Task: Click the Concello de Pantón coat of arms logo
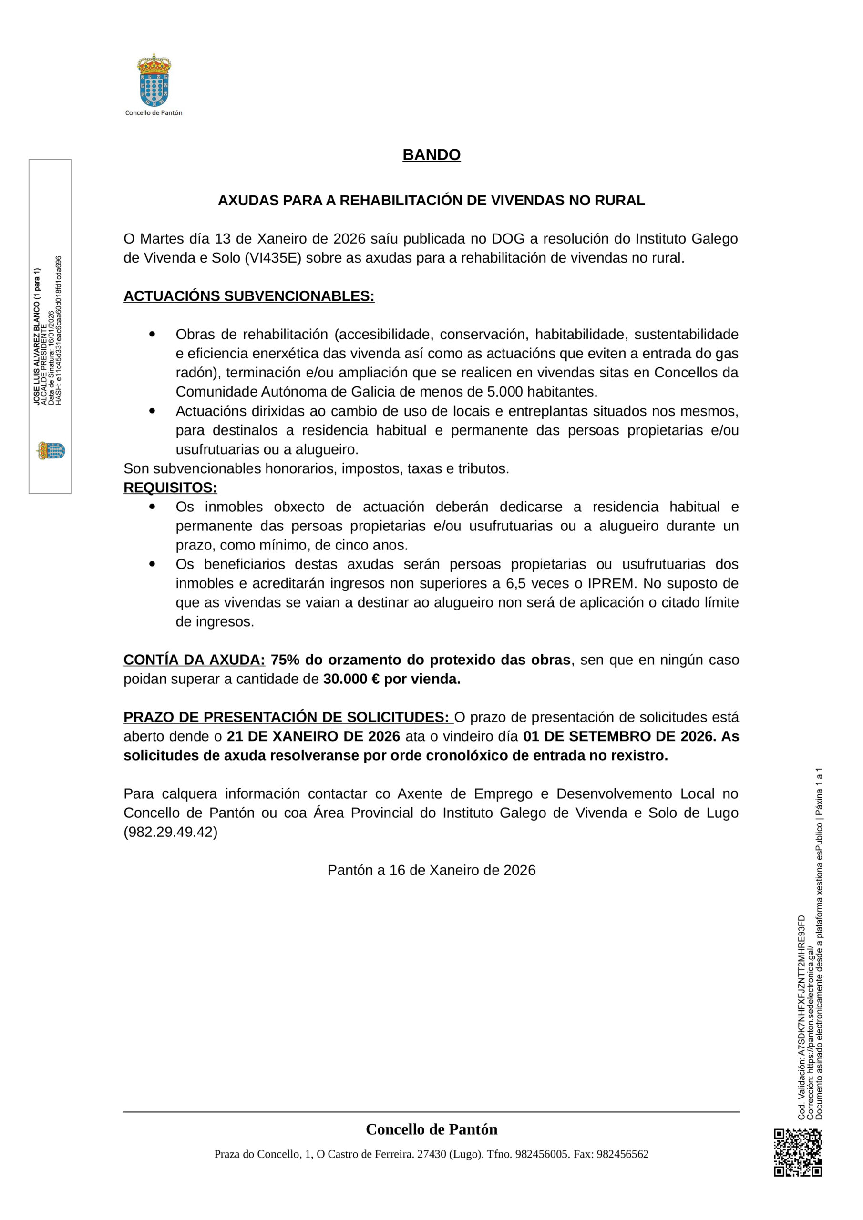(x=154, y=80)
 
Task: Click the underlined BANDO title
(x=431, y=154)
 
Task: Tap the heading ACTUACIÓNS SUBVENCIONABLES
(x=249, y=296)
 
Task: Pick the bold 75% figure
(x=285, y=660)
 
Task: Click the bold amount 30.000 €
(x=351, y=679)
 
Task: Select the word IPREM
(x=611, y=583)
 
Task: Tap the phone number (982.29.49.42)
(x=170, y=832)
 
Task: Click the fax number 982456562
(x=622, y=1154)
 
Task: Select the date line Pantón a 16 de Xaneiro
(x=431, y=870)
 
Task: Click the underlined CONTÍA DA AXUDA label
(x=194, y=660)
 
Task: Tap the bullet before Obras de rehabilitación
(x=152, y=334)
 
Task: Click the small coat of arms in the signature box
(x=51, y=451)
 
